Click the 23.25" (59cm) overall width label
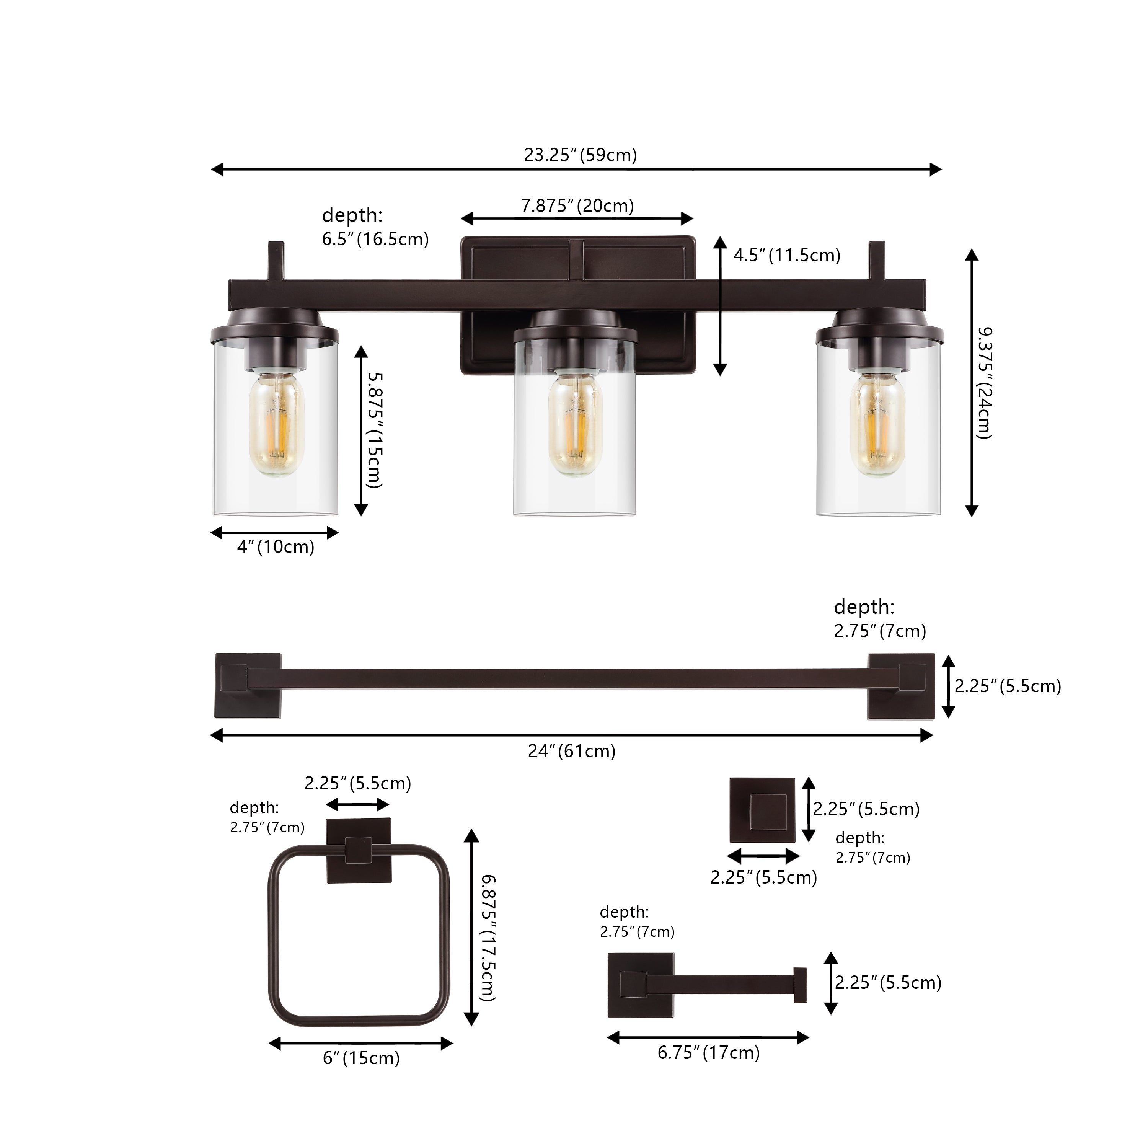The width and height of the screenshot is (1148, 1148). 580,155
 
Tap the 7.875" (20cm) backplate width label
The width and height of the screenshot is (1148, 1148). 577,205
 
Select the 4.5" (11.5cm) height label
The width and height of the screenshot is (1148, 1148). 787,256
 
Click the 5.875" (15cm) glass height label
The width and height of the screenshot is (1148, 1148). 374,431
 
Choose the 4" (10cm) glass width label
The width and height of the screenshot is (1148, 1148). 276,547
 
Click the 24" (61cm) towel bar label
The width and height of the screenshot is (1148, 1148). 572,751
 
